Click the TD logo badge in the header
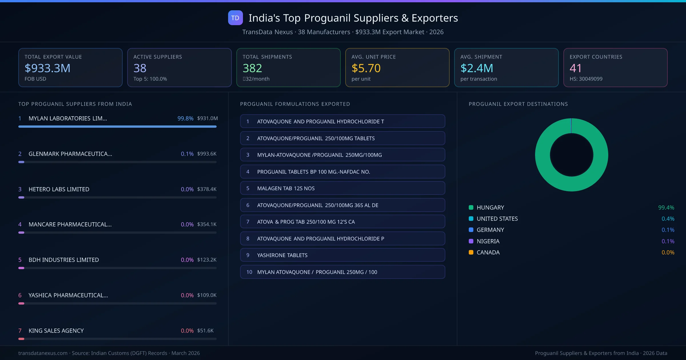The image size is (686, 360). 235,18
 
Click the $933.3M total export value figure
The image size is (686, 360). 47,68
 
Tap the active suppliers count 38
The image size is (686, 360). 140,68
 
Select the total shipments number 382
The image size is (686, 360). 252,68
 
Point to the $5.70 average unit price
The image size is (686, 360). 366,68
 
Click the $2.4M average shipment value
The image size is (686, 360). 476,68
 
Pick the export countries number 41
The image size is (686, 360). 575,68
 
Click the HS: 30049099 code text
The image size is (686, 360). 586,79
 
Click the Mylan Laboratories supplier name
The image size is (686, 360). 68,118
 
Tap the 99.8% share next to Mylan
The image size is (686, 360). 185,118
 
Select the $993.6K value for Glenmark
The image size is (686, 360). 207,154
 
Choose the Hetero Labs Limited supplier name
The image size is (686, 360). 59,189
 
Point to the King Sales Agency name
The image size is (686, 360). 56,331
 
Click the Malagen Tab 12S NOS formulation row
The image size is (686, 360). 342,188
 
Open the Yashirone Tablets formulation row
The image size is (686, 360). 342,255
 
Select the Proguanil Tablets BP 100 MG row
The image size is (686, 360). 342,172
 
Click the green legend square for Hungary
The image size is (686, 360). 471,207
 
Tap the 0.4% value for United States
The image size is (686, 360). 668,219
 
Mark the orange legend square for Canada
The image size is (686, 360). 471,252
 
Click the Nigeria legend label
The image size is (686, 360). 488,241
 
